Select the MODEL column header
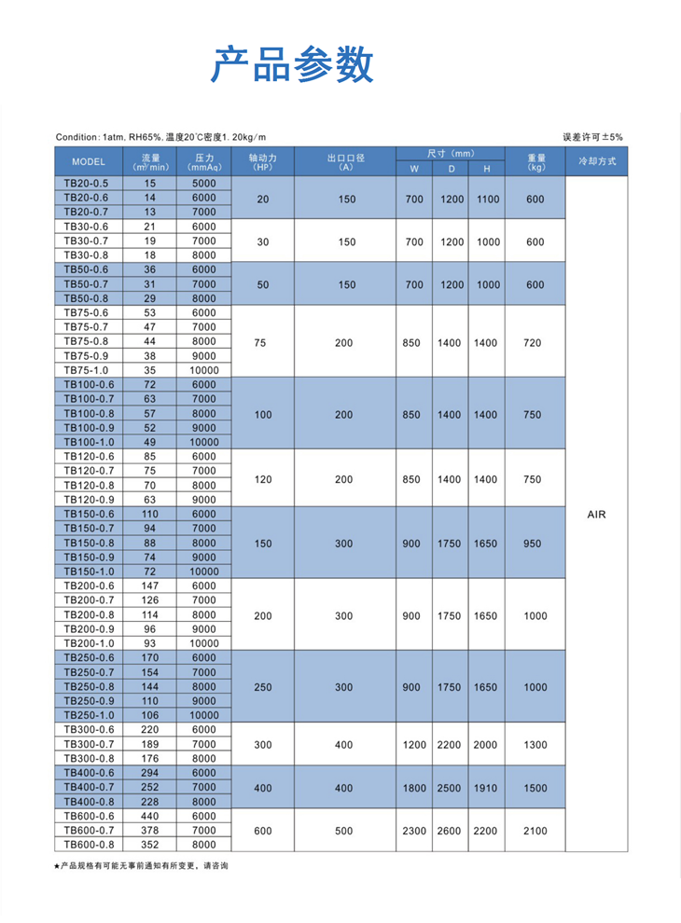[88, 161]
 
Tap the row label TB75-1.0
[86, 370]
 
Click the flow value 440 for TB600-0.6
[150, 816]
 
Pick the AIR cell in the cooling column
[597, 514]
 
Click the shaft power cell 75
[260, 342]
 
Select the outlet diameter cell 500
[344, 830]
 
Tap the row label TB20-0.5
[86, 184]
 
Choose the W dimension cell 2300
[414, 830]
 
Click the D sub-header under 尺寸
[452, 169]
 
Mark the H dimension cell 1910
[485, 788]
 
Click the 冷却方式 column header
[597, 161]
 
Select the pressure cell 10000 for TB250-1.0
[202, 715]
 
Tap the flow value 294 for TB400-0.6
[150, 773]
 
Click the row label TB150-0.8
[88, 543]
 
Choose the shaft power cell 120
[262, 478]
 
